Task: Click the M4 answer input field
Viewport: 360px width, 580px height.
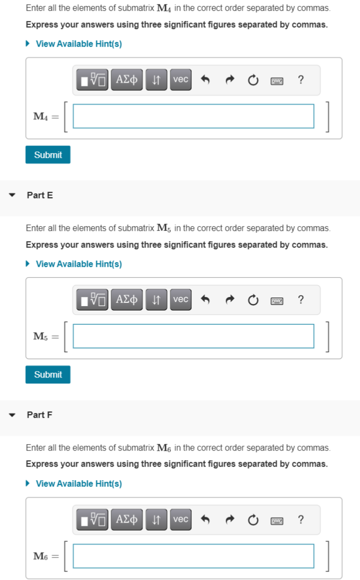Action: pos(193,116)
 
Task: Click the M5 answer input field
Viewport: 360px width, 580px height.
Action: pos(193,336)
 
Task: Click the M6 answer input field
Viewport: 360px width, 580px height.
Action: pos(193,556)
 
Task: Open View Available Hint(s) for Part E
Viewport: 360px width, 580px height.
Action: pos(78,264)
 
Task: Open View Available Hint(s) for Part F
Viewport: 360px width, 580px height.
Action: pos(78,483)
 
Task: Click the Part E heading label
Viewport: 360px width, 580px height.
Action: pos(40,195)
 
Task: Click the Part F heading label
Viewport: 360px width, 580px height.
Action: pos(40,415)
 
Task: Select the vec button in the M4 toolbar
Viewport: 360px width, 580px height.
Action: pos(181,79)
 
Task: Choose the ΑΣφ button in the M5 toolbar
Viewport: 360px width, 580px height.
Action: pos(127,299)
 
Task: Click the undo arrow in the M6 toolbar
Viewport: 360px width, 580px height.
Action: pos(205,519)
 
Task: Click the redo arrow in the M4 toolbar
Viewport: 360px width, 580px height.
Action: pos(229,80)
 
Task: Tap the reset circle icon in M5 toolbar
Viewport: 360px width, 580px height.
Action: pos(253,300)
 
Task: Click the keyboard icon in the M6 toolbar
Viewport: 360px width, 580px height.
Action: pos(277,520)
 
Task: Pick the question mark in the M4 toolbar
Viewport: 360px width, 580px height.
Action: pos(301,80)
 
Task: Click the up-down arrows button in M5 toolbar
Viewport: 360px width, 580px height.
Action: pos(156,299)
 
